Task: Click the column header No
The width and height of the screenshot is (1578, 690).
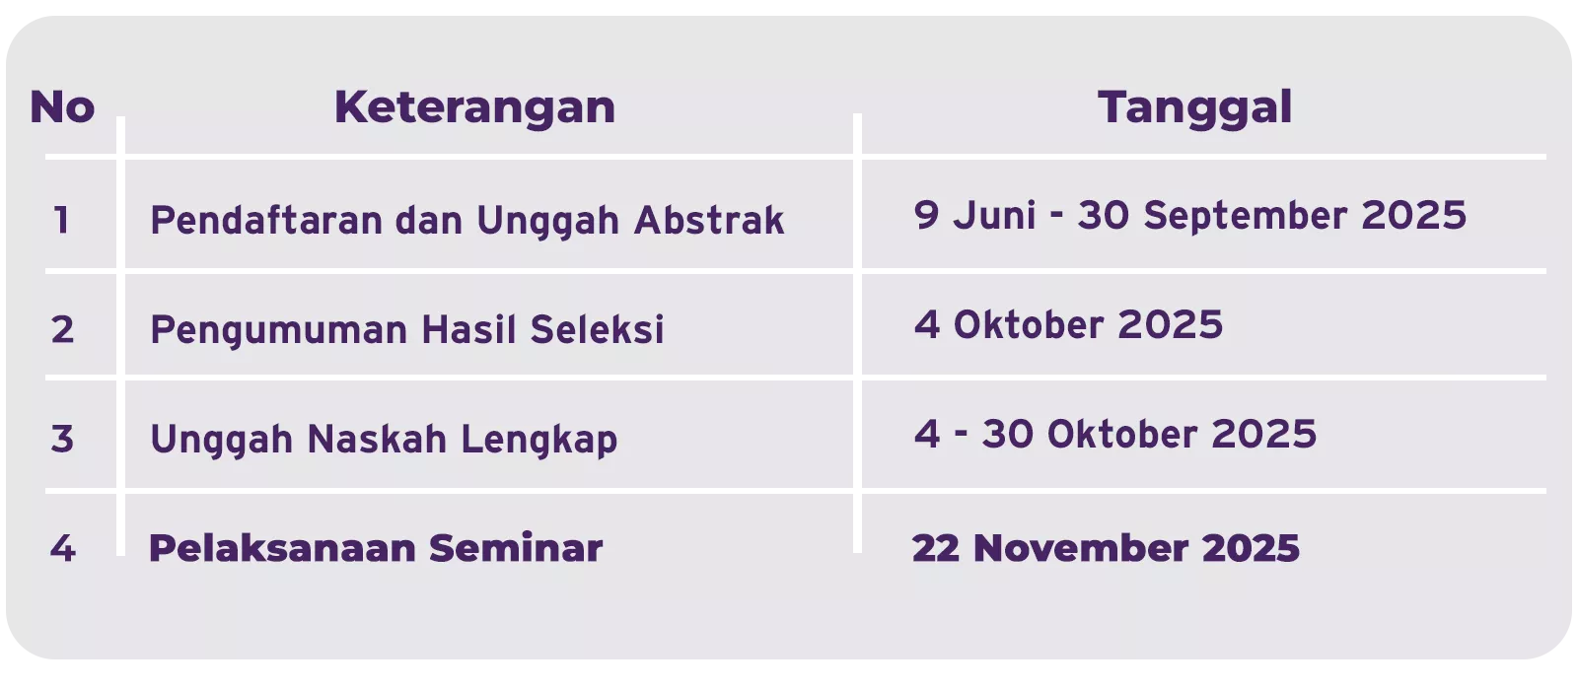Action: tap(62, 107)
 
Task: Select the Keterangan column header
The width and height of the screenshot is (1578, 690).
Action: tap(474, 107)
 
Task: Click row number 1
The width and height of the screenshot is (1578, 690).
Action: tap(61, 220)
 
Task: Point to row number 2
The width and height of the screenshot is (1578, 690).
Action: tap(62, 329)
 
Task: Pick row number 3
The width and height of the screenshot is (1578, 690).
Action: tap(62, 438)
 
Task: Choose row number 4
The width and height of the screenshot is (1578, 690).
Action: tap(63, 548)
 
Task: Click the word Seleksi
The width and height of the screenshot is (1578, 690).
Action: tap(597, 329)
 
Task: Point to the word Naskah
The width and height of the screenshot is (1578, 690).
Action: tap(377, 439)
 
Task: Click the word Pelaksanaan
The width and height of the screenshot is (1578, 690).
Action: tap(282, 548)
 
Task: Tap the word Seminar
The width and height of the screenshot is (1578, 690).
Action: tap(516, 548)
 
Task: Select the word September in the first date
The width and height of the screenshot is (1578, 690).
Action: tap(1245, 216)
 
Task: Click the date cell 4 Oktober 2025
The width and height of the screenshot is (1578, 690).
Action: tap(1068, 324)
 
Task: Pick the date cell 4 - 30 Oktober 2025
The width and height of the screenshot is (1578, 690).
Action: tap(1115, 434)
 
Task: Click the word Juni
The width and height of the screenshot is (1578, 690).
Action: tap(994, 215)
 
